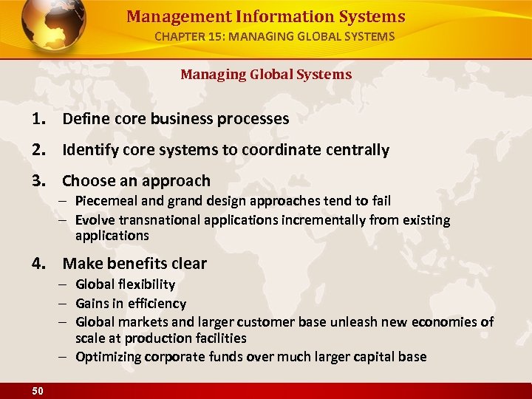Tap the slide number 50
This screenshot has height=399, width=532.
(37, 391)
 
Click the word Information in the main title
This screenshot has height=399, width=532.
(266, 16)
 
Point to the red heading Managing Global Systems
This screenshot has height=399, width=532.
(266, 74)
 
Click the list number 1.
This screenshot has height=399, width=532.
(38, 118)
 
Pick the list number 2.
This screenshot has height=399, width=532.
(38, 150)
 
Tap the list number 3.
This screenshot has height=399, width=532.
(38, 181)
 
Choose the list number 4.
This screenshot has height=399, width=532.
(38, 264)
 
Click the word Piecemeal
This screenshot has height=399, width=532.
(103, 201)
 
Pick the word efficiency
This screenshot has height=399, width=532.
(158, 304)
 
